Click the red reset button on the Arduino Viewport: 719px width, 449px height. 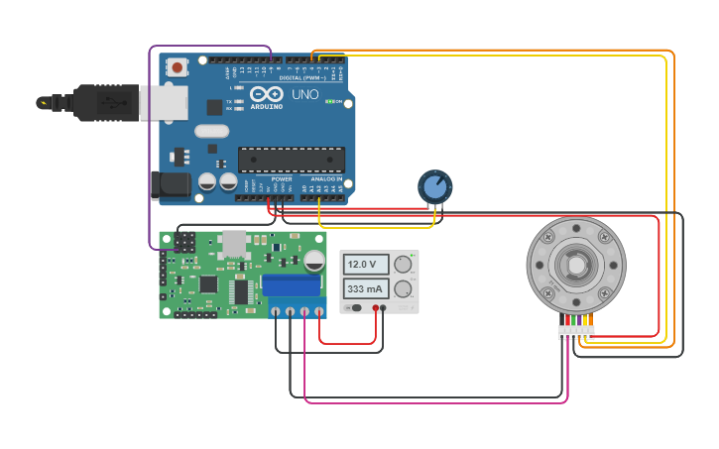[177, 67]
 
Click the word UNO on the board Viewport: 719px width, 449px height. [305, 95]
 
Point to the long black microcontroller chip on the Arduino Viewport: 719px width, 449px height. [291, 159]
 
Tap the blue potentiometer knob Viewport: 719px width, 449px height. [434, 185]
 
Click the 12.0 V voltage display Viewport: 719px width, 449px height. [366, 265]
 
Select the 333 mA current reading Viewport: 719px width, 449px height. [366, 289]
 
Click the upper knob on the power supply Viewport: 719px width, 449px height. [403, 265]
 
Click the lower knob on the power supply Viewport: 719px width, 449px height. [403, 289]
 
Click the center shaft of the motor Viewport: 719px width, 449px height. [575, 265]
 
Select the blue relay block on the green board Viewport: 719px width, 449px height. [292, 284]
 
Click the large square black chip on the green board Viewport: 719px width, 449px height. [208, 283]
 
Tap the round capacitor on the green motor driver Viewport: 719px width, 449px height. [313, 260]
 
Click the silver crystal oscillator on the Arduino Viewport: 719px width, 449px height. [211, 131]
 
